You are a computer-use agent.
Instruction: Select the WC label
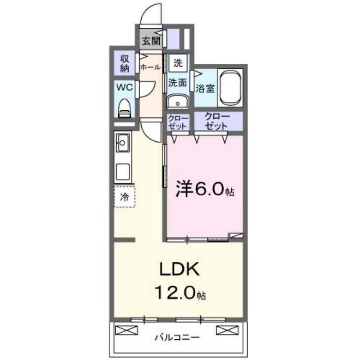click(x=125, y=87)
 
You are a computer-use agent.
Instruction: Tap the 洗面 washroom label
click(x=178, y=82)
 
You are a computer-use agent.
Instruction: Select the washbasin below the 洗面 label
click(x=178, y=102)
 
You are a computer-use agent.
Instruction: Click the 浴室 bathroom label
click(x=205, y=89)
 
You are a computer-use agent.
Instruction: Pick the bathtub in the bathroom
click(x=230, y=87)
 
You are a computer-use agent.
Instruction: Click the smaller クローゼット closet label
click(x=178, y=122)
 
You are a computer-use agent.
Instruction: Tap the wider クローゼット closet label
click(x=217, y=121)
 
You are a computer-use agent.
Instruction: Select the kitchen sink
click(x=123, y=144)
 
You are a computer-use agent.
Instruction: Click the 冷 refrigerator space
click(x=124, y=196)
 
